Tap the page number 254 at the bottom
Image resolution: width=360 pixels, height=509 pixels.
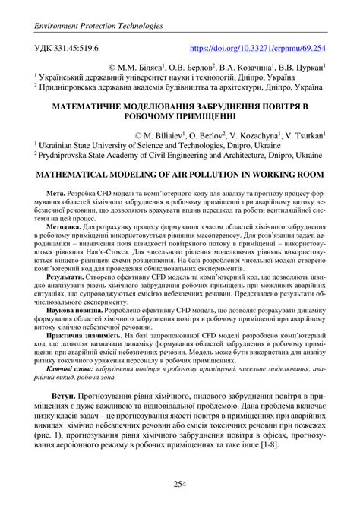click(180, 484)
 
